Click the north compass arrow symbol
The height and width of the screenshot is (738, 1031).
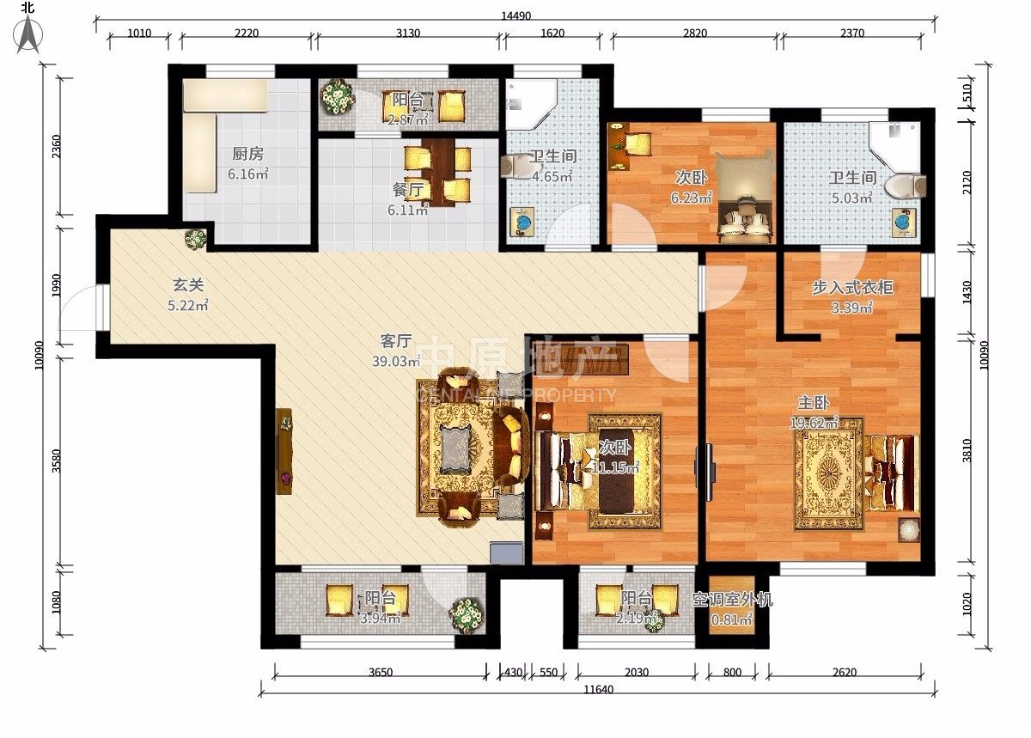coord(28,34)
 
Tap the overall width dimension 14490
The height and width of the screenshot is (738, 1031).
coord(516,15)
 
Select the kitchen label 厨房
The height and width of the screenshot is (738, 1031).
coord(247,154)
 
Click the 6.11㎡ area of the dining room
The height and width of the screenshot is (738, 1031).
coord(408,210)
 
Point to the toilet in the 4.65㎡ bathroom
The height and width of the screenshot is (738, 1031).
coord(515,167)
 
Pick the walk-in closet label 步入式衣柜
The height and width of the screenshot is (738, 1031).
coord(852,287)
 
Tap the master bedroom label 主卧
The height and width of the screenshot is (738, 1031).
coord(814,402)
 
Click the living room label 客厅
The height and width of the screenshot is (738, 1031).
coord(396,341)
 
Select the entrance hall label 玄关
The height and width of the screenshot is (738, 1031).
coord(188,285)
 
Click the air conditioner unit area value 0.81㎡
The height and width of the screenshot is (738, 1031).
coord(731,619)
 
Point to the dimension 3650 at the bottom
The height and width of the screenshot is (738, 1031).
coord(381,672)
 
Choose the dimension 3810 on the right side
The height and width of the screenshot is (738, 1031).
coord(967,451)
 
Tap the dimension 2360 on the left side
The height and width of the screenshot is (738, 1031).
coord(56,146)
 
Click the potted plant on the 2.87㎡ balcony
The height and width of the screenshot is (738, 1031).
coord(338,97)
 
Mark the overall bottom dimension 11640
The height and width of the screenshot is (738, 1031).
coord(598,689)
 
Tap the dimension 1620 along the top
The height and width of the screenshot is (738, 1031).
coord(552,34)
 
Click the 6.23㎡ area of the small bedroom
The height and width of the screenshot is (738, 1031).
coord(691,198)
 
